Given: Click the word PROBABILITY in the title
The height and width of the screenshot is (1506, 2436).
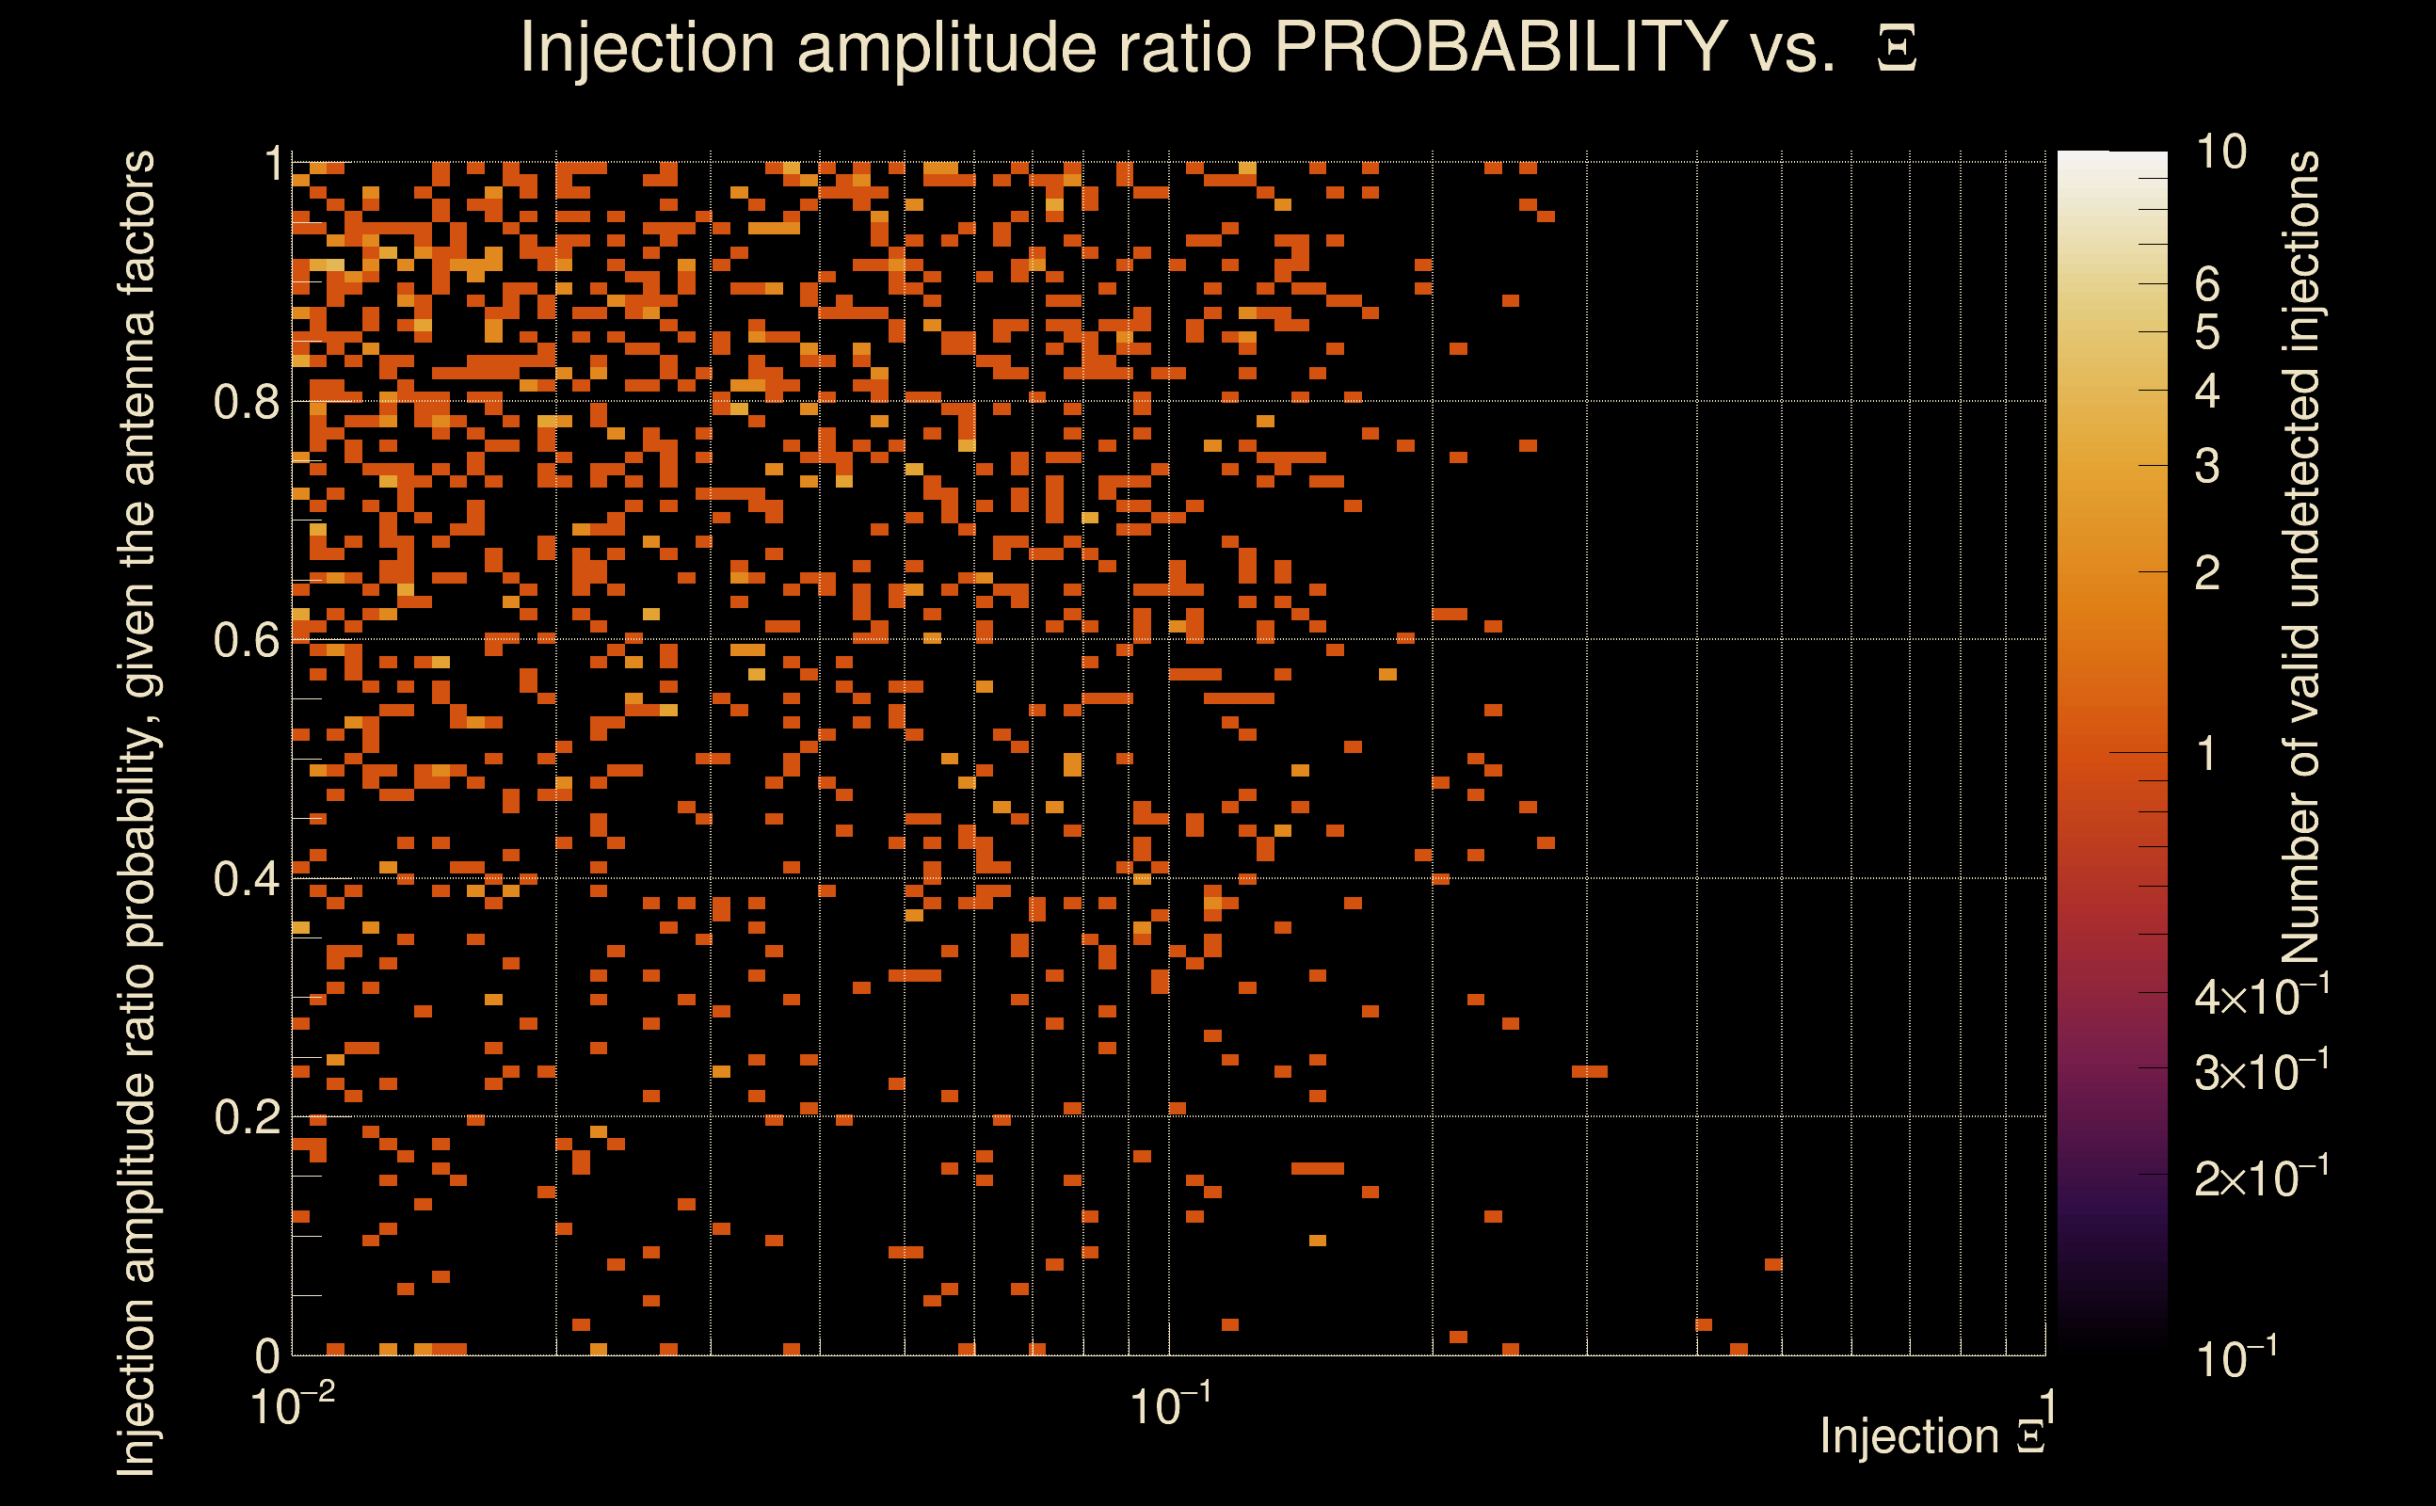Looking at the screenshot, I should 1499,47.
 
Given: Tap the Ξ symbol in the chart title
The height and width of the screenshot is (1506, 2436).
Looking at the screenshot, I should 1897,49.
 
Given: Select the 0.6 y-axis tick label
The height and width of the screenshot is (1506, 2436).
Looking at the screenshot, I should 246,640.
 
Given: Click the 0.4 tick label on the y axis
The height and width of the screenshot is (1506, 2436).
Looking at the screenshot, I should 246,879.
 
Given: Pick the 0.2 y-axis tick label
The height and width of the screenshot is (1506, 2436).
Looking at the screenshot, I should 246,1117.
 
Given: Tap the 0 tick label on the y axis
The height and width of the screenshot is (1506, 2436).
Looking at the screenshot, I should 267,1355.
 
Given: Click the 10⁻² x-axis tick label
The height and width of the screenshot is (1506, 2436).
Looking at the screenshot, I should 292,1407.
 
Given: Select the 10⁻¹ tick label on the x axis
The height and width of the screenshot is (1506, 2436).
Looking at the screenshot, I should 1170,1407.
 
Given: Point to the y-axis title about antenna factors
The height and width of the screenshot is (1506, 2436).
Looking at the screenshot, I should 137,811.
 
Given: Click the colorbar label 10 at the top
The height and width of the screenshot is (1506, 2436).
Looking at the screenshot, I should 2220,152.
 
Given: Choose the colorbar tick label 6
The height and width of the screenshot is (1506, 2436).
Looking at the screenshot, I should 2207,285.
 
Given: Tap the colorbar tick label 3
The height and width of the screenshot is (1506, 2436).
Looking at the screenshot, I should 2207,466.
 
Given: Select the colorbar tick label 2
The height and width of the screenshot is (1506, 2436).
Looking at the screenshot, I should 2207,572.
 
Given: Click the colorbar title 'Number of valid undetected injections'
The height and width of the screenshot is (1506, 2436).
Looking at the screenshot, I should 2300,558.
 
